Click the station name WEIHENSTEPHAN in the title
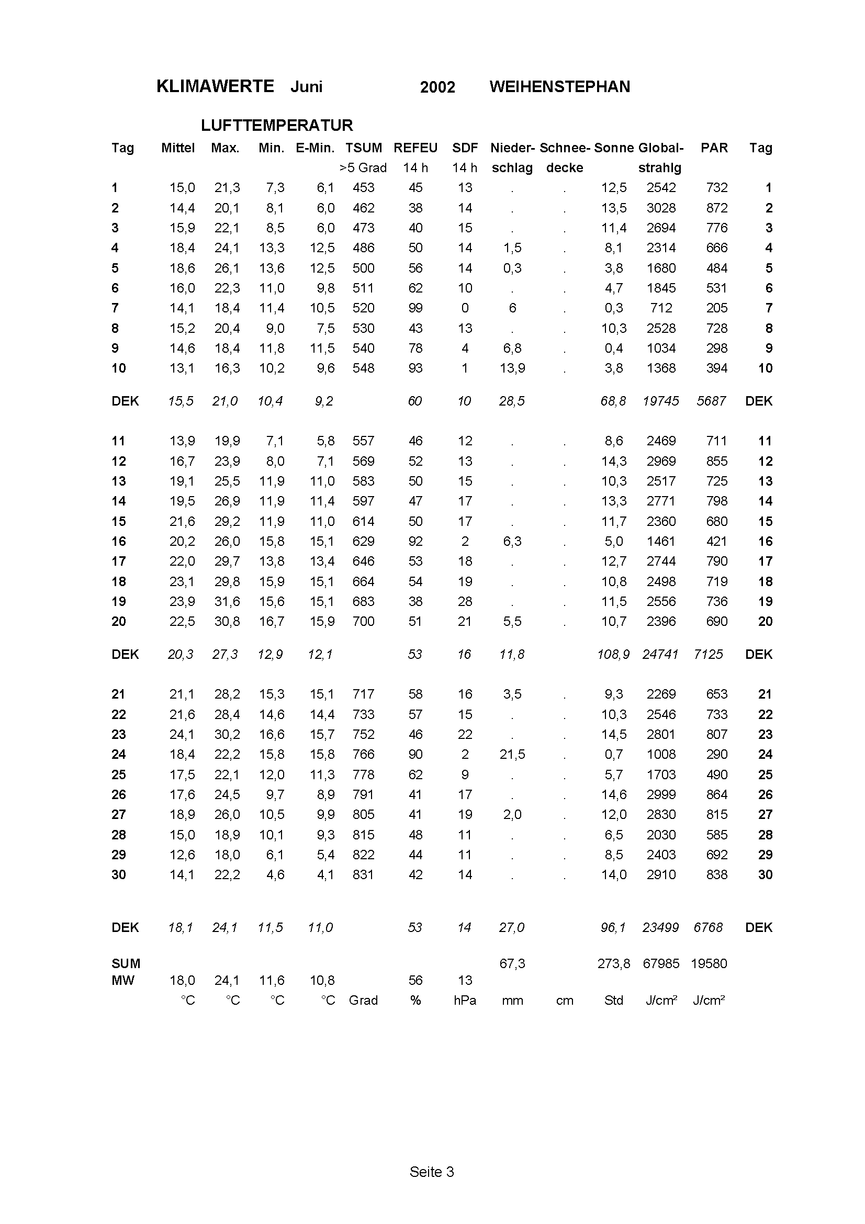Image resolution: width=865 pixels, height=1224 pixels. (x=559, y=87)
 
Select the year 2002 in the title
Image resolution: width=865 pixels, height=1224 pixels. (x=437, y=87)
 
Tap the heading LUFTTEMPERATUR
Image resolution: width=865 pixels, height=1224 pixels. (x=277, y=125)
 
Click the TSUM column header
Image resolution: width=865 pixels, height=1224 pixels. (x=364, y=148)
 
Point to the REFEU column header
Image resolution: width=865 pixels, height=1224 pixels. (x=415, y=148)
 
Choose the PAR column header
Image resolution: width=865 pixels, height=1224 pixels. (x=714, y=148)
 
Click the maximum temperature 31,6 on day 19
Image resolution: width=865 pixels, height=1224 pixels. (x=227, y=601)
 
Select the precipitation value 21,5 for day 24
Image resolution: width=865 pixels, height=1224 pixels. (x=512, y=755)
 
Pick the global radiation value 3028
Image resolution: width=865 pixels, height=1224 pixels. (x=661, y=208)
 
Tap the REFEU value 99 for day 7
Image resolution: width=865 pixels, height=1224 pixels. (x=415, y=308)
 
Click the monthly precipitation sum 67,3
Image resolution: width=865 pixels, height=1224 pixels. (x=512, y=963)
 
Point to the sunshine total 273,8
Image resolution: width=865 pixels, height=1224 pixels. (x=613, y=963)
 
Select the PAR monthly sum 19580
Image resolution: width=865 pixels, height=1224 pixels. (x=709, y=963)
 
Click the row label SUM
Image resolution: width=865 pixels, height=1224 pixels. (x=126, y=963)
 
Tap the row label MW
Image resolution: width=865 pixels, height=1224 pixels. (x=122, y=980)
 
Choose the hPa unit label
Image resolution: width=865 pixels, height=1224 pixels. (x=465, y=1000)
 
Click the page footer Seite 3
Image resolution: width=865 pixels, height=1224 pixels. (x=432, y=1172)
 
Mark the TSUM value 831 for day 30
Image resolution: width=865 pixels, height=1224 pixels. (x=364, y=874)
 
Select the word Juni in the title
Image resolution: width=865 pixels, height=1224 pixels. (x=307, y=87)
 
